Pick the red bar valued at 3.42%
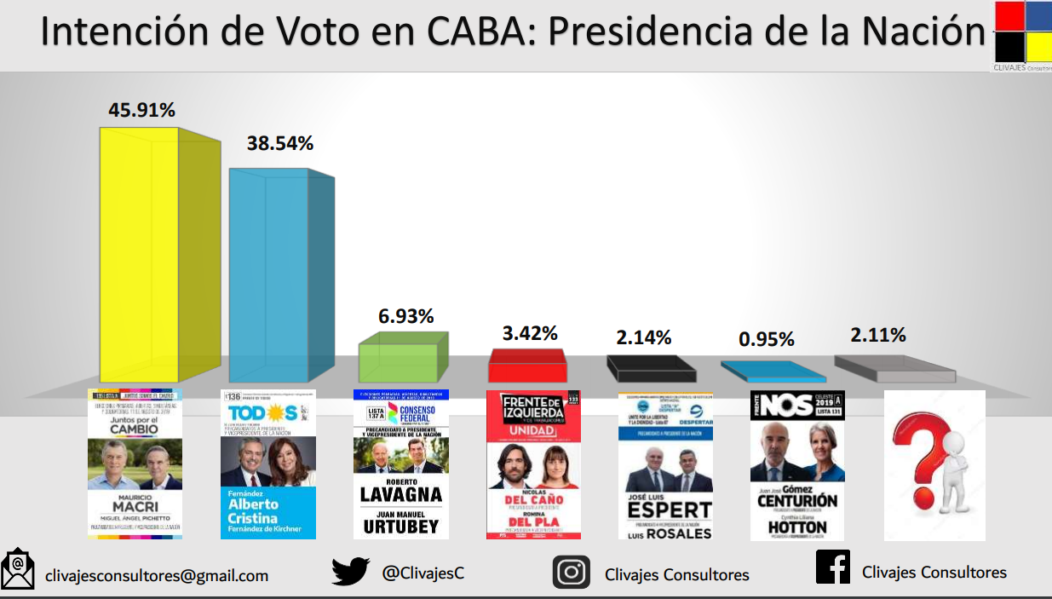(x=527, y=367)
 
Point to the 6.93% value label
(x=405, y=316)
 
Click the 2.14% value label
(x=645, y=338)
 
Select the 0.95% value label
(x=767, y=339)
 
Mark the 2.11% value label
(x=878, y=335)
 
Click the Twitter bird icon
(x=350, y=571)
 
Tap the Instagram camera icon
(x=571, y=572)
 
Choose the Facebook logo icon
(x=832, y=567)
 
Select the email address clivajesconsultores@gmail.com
(x=157, y=576)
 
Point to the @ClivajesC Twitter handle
(x=423, y=573)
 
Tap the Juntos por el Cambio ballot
(x=135, y=464)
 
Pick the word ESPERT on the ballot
(x=668, y=510)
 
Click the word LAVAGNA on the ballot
(x=400, y=494)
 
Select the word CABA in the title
(x=480, y=32)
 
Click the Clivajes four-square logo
(x=1021, y=32)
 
